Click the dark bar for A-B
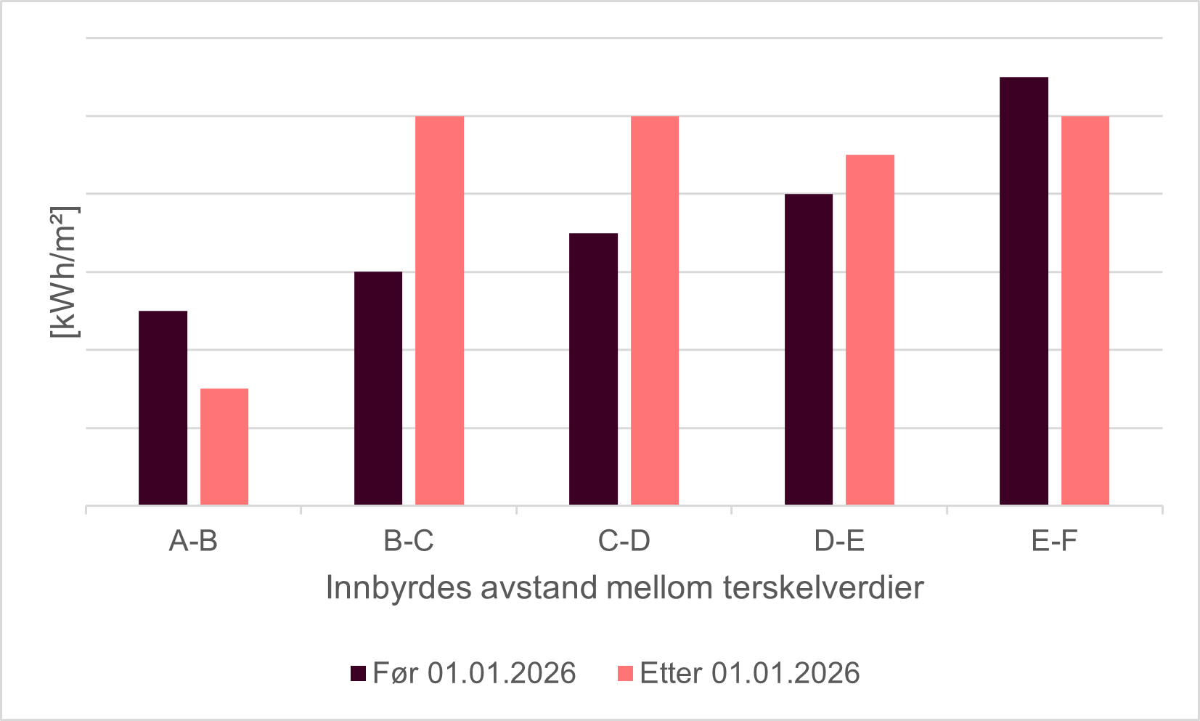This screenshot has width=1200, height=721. (x=163, y=408)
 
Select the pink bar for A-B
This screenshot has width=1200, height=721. (x=224, y=447)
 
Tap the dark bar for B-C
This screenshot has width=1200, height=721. (x=378, y=388)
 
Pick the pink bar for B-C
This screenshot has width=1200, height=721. (x=439, y=311)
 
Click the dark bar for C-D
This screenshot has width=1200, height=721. (x=593, y=369)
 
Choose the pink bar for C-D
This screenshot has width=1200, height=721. (x=655, y=311)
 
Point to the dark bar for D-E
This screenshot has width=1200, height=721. (x=809, y=349)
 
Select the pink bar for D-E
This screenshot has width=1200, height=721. (x=870, y=330)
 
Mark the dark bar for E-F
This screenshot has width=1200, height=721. (x=1024, y=291)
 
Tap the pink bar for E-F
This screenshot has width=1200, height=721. (x=1085, y=311)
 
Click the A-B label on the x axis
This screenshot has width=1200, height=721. (x=193, y=541)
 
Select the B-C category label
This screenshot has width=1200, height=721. (x=409, y=541)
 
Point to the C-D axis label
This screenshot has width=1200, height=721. (x=624, y=541)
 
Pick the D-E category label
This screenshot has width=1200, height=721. (x=839, y=541)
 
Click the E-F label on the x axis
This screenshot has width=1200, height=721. (x=1054, y=541)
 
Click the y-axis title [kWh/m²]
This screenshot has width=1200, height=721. (x=64, y=272)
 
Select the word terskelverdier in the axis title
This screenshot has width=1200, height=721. (x=824, y=587)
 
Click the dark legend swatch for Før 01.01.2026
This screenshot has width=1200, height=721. (x=358, y=674)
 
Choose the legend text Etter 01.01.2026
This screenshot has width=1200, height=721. (x=749, y=674)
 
